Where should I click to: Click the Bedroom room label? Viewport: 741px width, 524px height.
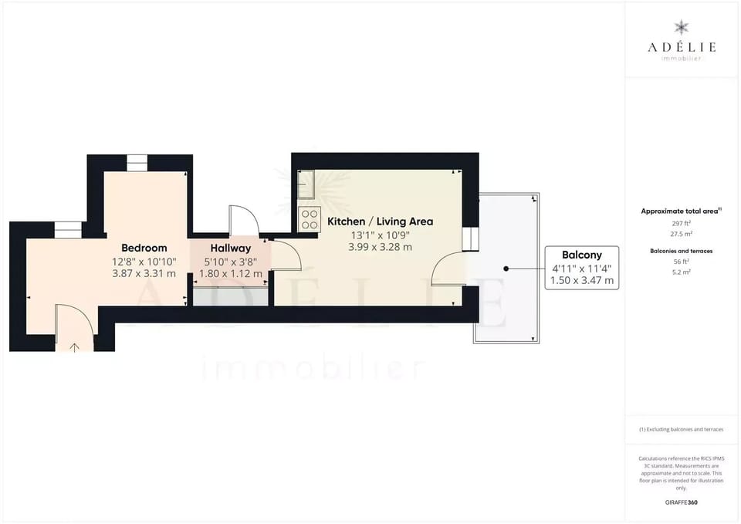tap(144, 248)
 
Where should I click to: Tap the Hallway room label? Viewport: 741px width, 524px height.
tap(230, 248)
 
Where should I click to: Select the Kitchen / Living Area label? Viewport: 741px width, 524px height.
tap(380, 221)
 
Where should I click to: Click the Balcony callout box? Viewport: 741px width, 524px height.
tap(582, 267)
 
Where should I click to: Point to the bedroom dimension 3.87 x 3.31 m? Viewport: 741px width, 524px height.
tap(144, 273)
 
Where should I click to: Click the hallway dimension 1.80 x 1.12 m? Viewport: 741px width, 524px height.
tap(230, 273)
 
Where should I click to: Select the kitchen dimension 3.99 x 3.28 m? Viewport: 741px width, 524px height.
tap(380, 247)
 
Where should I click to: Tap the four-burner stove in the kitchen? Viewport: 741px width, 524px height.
tap(309, 219)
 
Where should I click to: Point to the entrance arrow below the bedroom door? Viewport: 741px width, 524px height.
tap(74, 347)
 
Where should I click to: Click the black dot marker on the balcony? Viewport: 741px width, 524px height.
tap(506, 269)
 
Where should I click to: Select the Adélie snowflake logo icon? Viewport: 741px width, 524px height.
tap(681, 28)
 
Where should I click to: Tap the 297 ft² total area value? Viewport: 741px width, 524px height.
tap(681, 222)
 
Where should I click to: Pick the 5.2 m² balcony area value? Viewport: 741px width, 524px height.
tap(681, 272)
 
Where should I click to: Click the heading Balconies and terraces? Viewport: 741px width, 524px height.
tap(681, 251)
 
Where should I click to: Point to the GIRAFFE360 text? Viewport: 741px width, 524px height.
tap(681, 502)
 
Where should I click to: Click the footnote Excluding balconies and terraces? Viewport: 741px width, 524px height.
tap(681, 429)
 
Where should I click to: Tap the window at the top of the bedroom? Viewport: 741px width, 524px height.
tap(137, 162)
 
